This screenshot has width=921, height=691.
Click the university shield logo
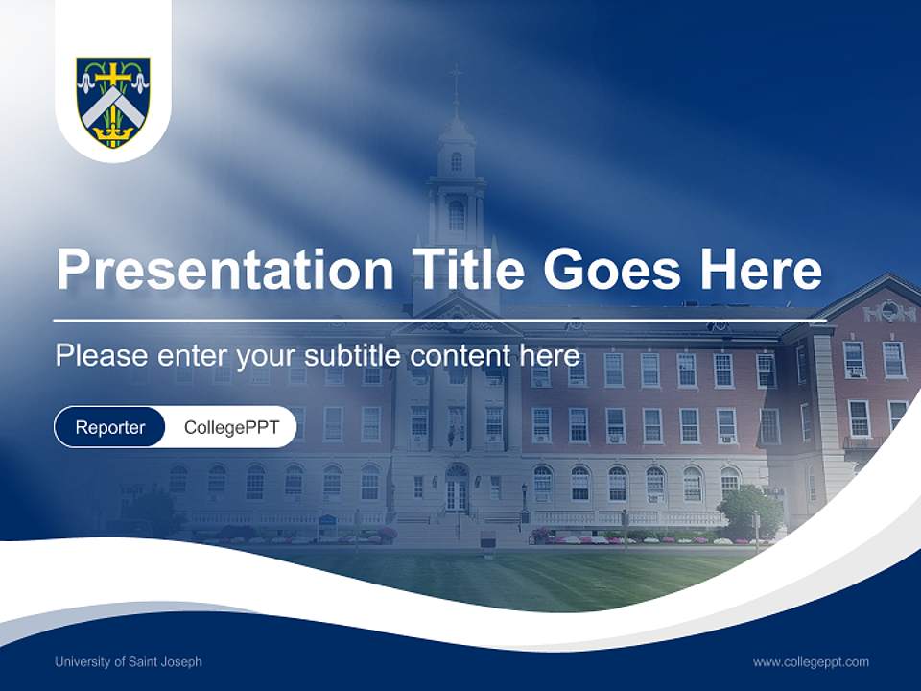[x=113, y=101]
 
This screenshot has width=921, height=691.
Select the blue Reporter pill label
[x=110, y=427]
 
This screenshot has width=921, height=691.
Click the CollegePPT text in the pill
[x=230, y=427]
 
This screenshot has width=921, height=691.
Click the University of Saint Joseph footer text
[x=129, y=662]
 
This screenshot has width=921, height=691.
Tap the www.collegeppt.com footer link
[x=811, y=662]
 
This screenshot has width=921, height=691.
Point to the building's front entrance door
[x=457, y=493]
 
